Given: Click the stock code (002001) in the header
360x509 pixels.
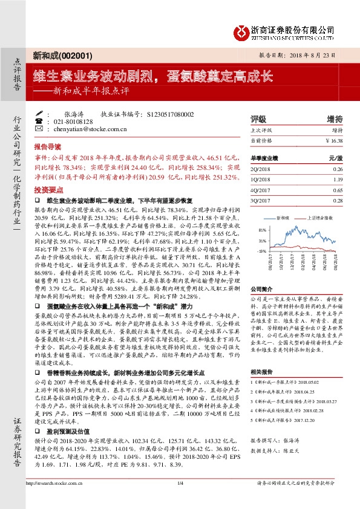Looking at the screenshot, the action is pos(77,55).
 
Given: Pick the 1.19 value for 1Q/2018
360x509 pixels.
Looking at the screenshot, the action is pos(338,179).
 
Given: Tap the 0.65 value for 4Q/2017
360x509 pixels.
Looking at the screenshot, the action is pos(338,189).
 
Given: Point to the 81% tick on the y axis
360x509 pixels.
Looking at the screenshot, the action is pos(263,230).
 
